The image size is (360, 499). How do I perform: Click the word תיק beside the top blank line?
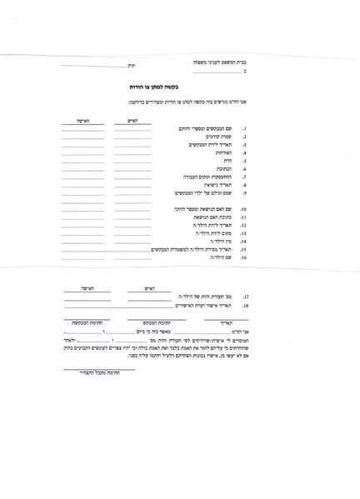point(128,65)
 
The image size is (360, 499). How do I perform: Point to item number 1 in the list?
point(243,131)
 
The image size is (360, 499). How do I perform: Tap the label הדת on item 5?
point(224,162)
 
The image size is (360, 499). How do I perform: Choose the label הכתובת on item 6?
point(222,170)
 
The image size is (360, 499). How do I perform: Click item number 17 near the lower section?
point(245,297)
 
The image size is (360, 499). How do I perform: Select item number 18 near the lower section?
point(245,306)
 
